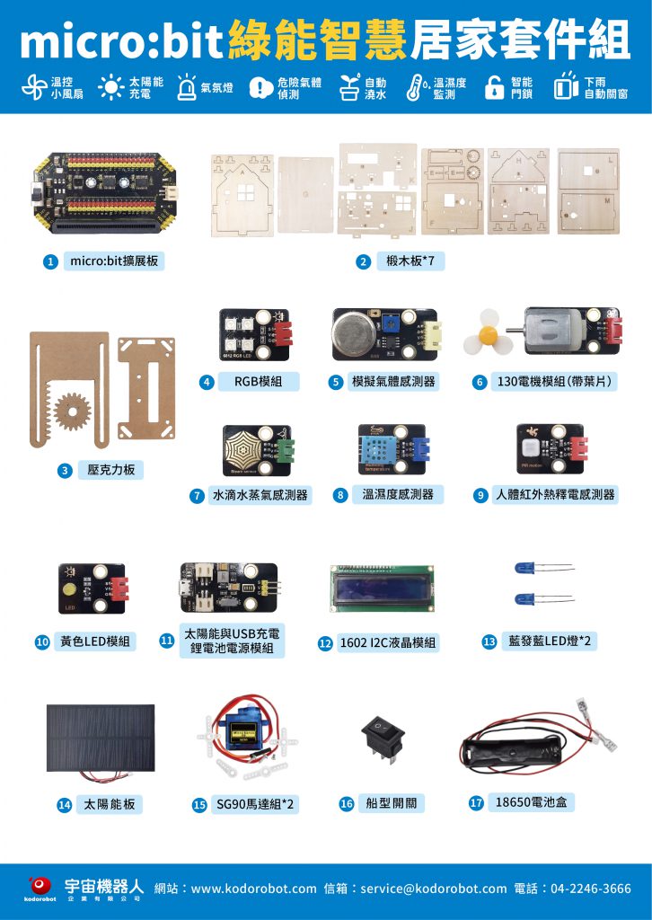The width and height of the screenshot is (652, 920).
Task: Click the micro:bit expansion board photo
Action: click(103, 192)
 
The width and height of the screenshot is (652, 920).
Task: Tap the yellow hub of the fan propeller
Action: click(488, 336)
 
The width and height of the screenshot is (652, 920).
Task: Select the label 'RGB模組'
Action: click(258, 382)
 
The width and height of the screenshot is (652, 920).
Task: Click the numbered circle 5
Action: click(335, 383)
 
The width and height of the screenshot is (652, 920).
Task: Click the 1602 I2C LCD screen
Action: click(382, 588)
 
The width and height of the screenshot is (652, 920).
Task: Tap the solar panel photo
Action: click(101, 739)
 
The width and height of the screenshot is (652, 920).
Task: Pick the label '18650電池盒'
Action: click(532, 802)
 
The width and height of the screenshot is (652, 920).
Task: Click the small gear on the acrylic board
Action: click(73, 411)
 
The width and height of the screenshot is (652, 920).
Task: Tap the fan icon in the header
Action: click(34, 87)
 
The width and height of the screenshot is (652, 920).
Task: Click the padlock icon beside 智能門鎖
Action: click(494, 88)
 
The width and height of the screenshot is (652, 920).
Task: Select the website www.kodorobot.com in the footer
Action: click(253, 889)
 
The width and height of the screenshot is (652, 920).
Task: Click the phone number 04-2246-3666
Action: click(591, 889)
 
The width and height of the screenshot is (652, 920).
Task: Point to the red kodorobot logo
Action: click(40, 885)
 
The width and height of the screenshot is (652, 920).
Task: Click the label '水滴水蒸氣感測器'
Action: click(260, 495)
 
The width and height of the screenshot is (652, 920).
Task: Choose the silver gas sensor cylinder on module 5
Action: click(354, 332)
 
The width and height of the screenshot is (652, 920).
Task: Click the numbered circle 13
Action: click(489, 641)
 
